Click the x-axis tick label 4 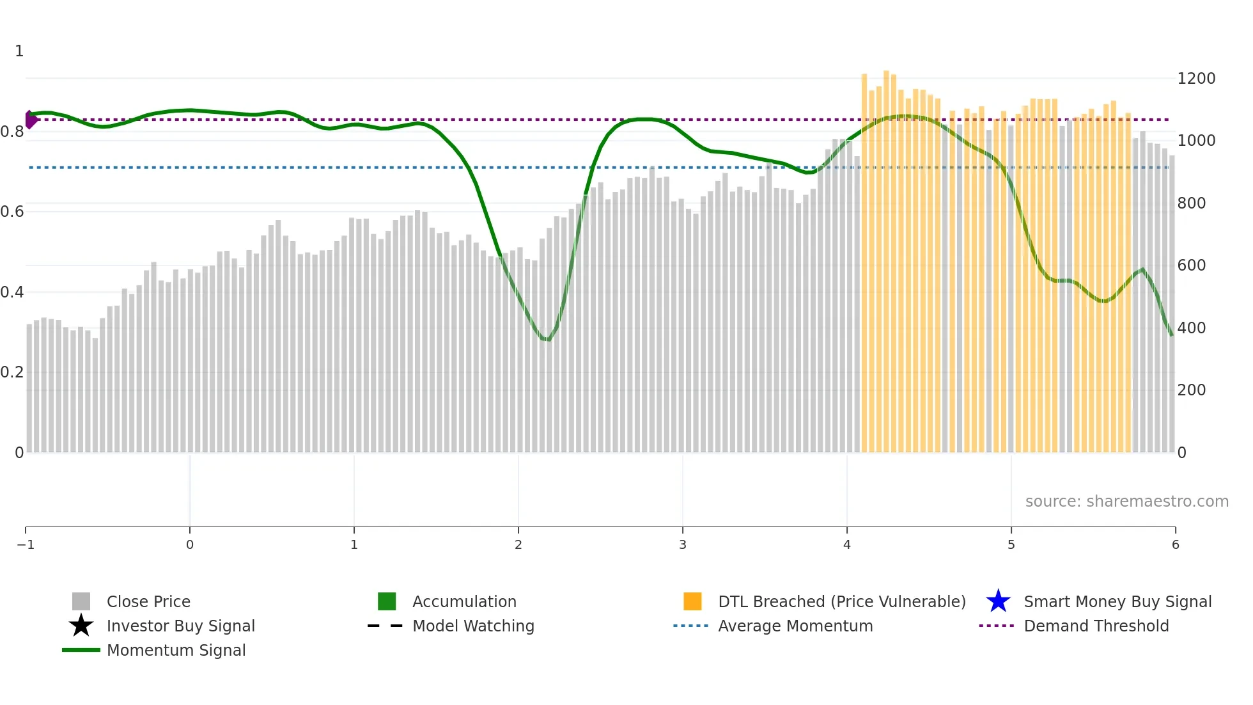pos(846,544)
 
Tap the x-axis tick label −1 pos(26,544)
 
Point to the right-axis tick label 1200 pos(1196,79)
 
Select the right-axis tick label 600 pos(1192,265)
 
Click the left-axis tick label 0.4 pos(12,292)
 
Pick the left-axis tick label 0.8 pos(12,132)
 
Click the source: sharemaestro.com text pos(1126,502)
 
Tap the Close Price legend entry pos(148,601)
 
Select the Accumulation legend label pos(464,601)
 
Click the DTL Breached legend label pos(841,601)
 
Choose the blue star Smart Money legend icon pos(998,601)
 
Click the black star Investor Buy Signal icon pos(81,626)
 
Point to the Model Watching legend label pos(473,626)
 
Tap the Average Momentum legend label pos(795,626)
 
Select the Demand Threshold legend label pos(1096,626)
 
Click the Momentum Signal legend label pos(176,650)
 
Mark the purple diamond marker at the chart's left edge pos(30,120)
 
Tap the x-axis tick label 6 pos(1175,544)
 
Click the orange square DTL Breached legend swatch pos(692,601)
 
